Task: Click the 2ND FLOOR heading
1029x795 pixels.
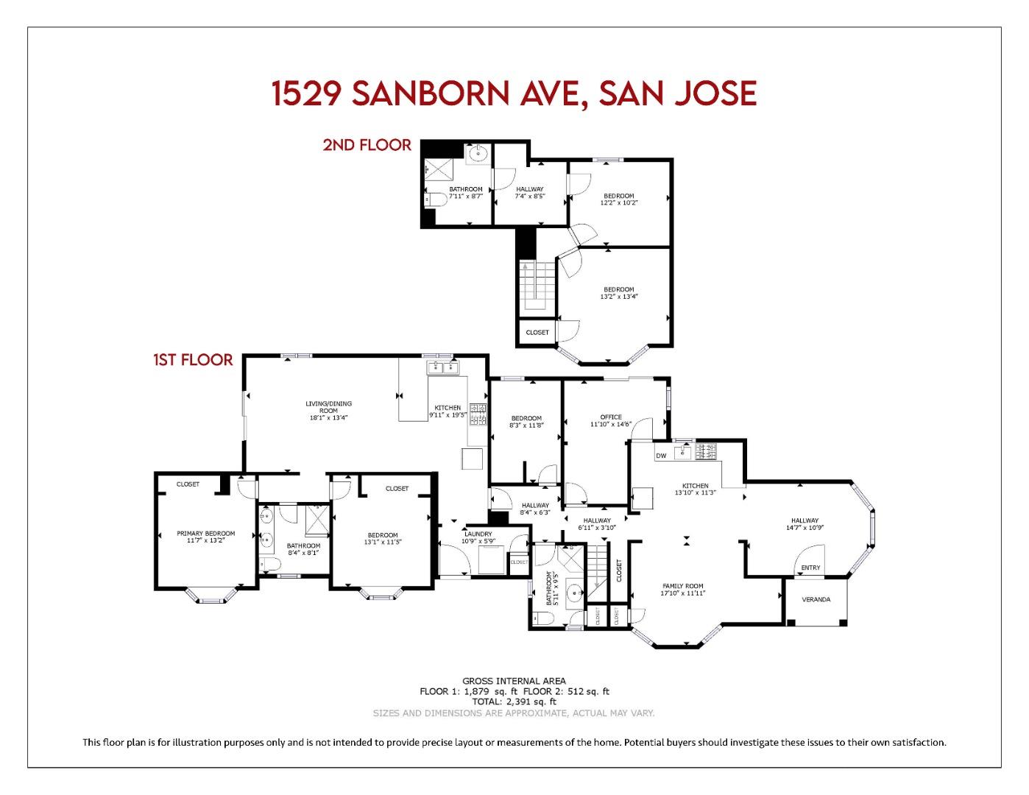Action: tap(367, 145)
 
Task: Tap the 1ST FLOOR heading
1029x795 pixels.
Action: tap(193, 360)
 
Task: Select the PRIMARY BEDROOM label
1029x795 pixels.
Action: tap(205, 534)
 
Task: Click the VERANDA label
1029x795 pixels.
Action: tap(816, 599)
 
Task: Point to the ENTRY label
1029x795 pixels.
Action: tap(810, 568)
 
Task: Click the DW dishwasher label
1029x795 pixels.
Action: tap(661, 456)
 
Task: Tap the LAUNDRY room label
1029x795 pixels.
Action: tap(478, 534)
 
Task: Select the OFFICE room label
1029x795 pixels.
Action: tap(611, 417)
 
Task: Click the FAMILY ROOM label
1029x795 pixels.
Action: tap(683, 586)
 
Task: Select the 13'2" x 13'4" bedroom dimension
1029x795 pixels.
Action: tap(618, 297)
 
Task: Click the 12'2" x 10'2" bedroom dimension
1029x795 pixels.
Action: tap(618, 202)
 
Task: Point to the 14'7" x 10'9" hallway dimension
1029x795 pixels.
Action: tap(805, 527)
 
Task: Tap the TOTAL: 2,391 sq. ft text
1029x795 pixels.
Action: tap(514, 702)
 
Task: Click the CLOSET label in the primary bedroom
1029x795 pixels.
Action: tap(188, 484)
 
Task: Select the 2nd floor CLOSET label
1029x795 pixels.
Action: tap(537, 332)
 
